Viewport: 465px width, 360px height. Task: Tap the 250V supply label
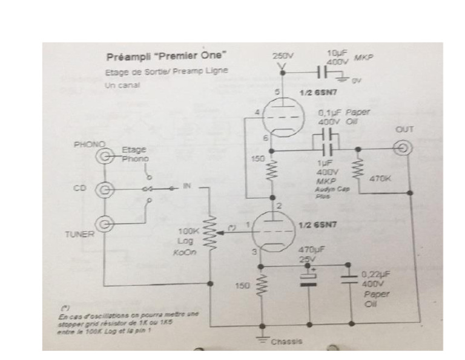click(282, 56)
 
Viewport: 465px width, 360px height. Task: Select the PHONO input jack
click(107, 157)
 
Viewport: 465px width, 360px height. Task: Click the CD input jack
click(107, 190)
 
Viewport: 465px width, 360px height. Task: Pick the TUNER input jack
click(107, 224)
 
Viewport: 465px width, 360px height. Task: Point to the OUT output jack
click(403, 147)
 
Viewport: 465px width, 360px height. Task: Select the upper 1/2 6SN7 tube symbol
click(280, 116)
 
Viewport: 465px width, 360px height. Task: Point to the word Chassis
click(286, 342)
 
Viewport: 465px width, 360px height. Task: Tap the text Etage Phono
click(133, 154)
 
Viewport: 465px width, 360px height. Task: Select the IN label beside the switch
click(187, 188)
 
